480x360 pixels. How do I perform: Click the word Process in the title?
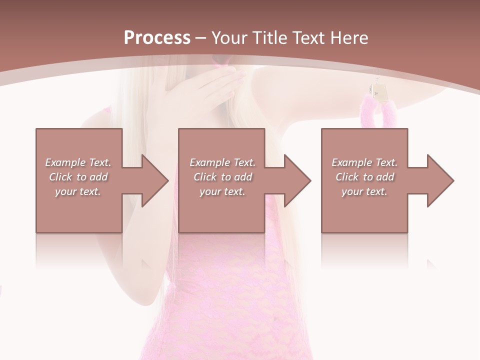point(157,38)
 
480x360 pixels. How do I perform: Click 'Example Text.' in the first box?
point(78,162)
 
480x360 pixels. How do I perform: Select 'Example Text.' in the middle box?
point(222,162)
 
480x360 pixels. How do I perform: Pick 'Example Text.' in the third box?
point(364,162)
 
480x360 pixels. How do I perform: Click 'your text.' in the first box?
point(78,191)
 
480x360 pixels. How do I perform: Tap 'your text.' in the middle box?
point(222,191)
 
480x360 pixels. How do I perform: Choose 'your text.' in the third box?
point(364,191)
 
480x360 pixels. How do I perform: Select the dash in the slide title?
point(200,38)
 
